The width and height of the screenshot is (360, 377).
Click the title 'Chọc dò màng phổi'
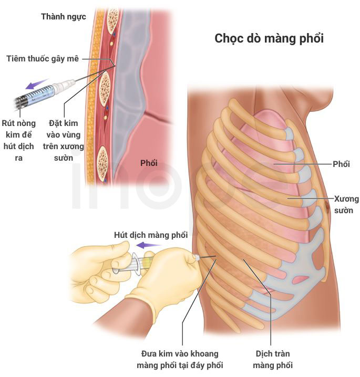click(269, 39)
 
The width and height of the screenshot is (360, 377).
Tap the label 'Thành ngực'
click(64, 17)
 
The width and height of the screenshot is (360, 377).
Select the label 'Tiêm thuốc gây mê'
click(43, 59)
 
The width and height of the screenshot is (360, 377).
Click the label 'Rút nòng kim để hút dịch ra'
click(18, 140)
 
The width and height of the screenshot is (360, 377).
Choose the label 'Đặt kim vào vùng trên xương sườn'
click(63, 140)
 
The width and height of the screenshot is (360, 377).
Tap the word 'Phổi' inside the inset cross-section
click(149, 163)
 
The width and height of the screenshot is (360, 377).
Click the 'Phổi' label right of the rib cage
click(341, 164)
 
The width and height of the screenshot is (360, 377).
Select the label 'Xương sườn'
click(346, 205)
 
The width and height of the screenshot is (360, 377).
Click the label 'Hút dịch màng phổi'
click(151, 235)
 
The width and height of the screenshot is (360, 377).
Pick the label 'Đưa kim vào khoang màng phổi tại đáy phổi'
click(180, 360)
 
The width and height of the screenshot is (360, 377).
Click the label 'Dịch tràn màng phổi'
click(273, 360)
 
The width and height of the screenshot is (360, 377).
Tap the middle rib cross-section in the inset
click(105, 88)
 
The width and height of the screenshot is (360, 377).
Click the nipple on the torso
click(327, 207)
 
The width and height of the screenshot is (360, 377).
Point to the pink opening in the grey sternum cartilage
click(300, 279)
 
